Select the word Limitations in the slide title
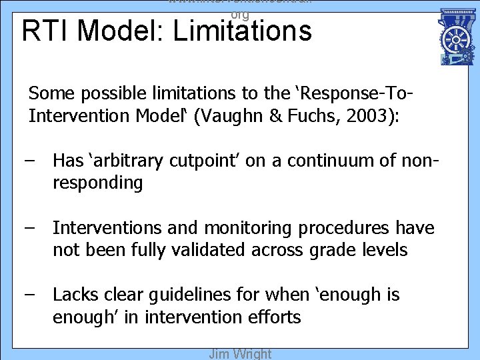(x=241, y=31)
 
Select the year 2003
(x=369, y=116)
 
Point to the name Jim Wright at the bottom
(x=240, y=353)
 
